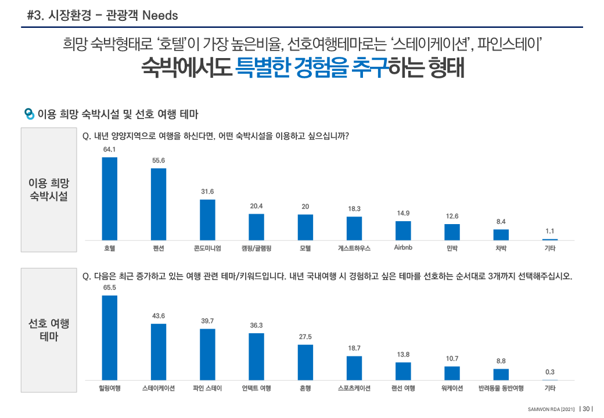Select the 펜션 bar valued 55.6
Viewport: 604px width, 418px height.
pos(159,204)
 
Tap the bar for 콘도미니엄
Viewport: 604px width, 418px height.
pos(207,219)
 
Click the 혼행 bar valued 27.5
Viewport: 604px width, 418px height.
pos(305,362)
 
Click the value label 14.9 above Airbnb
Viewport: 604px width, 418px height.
pos(403,213)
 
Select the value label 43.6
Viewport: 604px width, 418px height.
pos(159,316)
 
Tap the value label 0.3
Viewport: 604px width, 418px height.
pos(549,372)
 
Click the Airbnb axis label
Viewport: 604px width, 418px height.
pos(403,248)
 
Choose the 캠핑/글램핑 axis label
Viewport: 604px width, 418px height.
pos(257,248)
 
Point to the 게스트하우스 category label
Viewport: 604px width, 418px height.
pos(354,248)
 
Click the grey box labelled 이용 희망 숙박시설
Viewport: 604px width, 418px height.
pos(49,190)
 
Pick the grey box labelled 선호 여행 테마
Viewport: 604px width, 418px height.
pos(49,330)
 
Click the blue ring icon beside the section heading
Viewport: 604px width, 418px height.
pos(29,113)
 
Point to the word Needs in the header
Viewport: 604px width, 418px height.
pos(160,15)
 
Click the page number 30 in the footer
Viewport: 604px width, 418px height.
pos(586,409)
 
